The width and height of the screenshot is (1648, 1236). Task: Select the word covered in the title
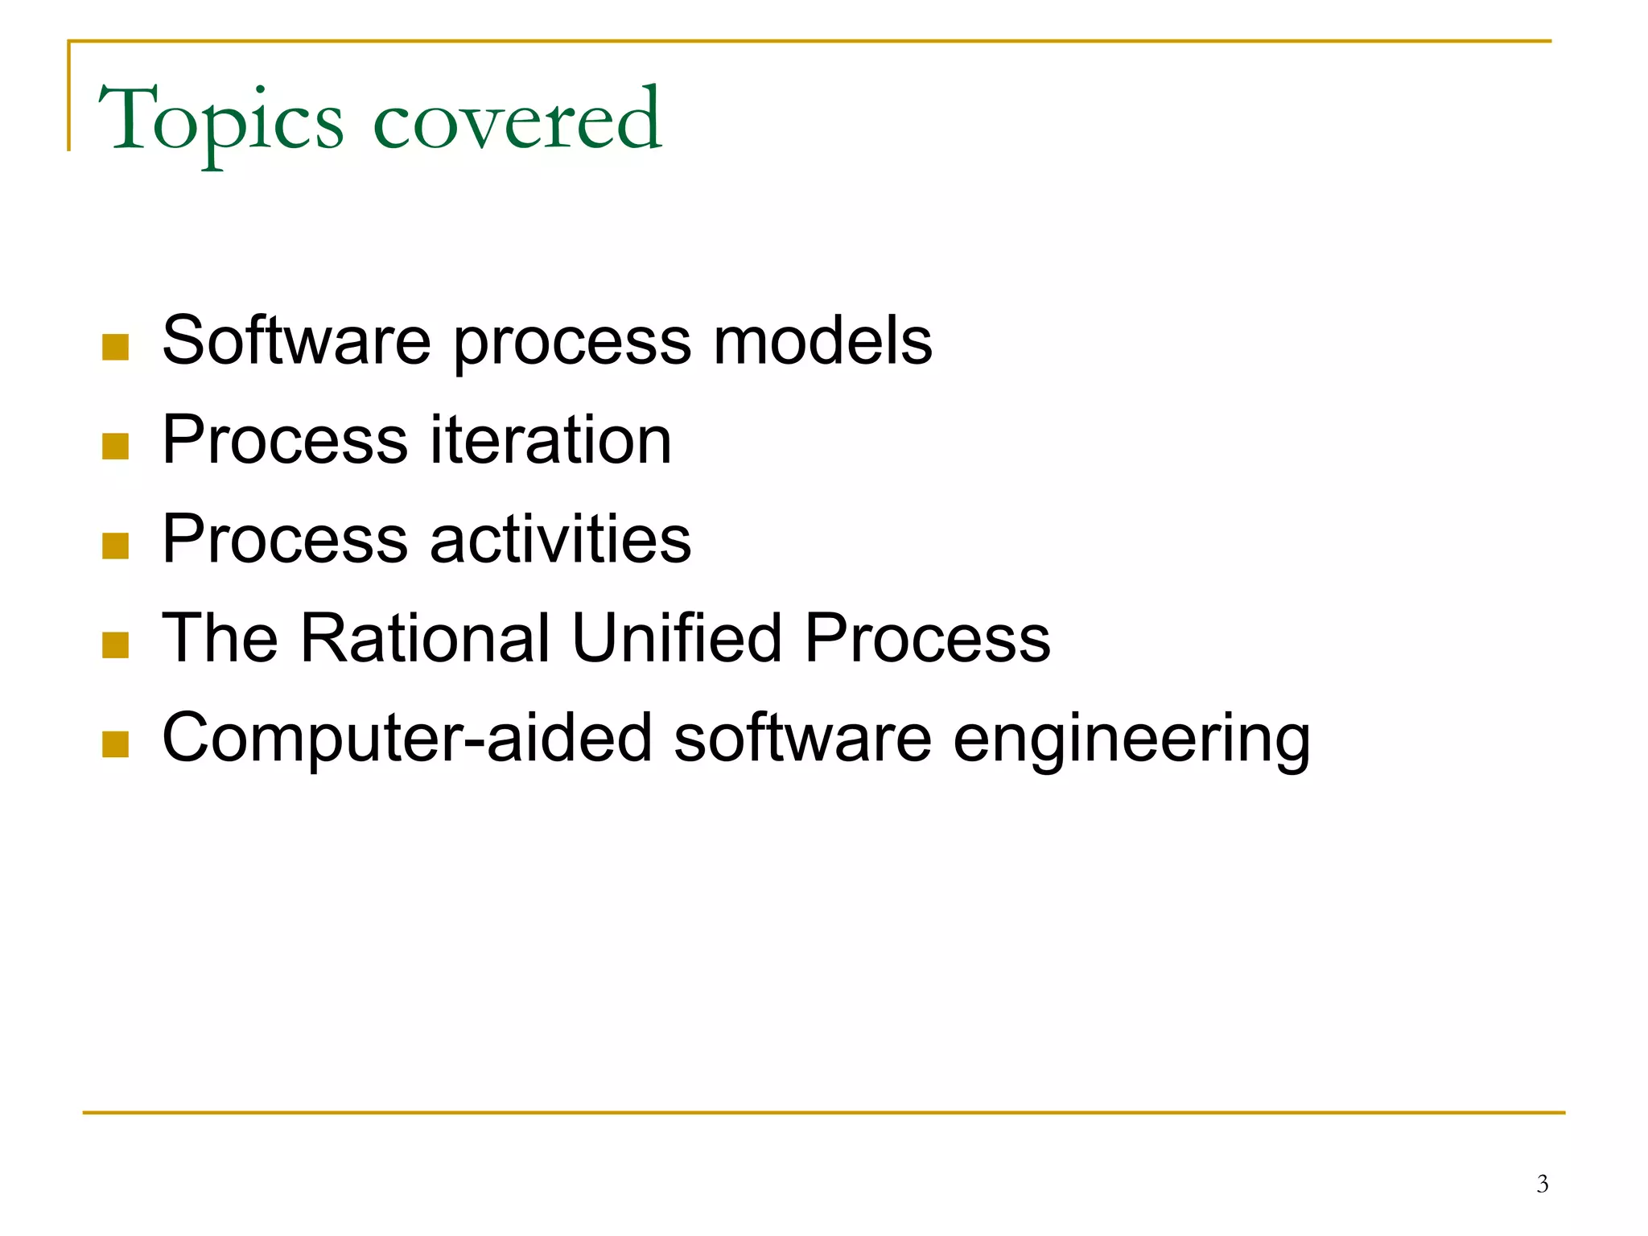click(x=517, y=121)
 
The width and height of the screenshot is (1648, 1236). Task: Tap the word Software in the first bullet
click(x=296, y=340)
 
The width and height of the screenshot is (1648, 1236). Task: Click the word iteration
click(x=550, y=440)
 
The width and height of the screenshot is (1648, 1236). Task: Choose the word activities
click(x=560, y=539)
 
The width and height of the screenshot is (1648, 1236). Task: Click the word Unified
click(x=677, y=638)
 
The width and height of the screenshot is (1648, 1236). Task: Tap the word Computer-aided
click(x=407, y=738)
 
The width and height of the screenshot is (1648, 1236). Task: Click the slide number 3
click(x=1542, y=1184)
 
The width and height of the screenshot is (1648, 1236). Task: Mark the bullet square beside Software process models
click(x=116, y=348)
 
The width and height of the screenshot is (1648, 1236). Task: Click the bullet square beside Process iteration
click(x=116, y=447)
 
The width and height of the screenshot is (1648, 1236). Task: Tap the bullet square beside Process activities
click(x=116, y=546)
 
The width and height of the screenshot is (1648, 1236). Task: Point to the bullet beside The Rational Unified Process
click(x=116, y=645)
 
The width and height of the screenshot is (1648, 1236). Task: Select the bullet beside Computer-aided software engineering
click(x=116, y=744)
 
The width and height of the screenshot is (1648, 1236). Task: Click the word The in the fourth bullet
click(x=220, y=638)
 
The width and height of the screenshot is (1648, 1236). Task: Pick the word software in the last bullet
click(x=802, y=738)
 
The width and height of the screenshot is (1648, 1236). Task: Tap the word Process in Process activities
click(x=285, y=539)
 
